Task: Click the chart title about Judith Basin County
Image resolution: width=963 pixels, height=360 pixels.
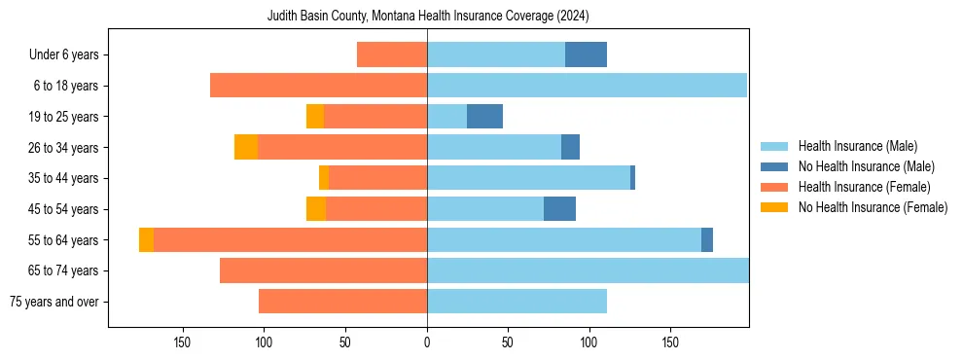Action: tap(428, 17)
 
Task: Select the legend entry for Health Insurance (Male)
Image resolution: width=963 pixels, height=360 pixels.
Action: tap(857, 146)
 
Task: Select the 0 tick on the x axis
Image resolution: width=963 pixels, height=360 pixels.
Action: tap(427, 342)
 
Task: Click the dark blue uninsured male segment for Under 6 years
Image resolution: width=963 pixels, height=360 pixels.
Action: tap(586, 54)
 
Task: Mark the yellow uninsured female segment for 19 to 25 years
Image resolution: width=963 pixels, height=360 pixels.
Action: tap(315, 116)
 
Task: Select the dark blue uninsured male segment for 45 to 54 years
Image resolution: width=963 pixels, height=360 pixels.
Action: tap(559, 208)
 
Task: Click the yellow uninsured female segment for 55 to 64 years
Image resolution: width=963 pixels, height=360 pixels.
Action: tap(146, 239)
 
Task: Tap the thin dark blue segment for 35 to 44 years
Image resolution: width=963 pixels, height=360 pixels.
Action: tap(632, 178)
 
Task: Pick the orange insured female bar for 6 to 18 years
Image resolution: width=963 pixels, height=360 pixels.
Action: tap(318, 86)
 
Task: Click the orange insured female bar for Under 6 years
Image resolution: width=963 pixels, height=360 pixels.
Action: tap(392, 54)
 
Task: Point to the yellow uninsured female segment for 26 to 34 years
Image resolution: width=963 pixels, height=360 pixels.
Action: tap(246, 147)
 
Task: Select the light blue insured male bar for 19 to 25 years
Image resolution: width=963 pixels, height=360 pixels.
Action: tap(446, 116)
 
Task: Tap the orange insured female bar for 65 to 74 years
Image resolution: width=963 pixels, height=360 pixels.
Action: tap(323, 270)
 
